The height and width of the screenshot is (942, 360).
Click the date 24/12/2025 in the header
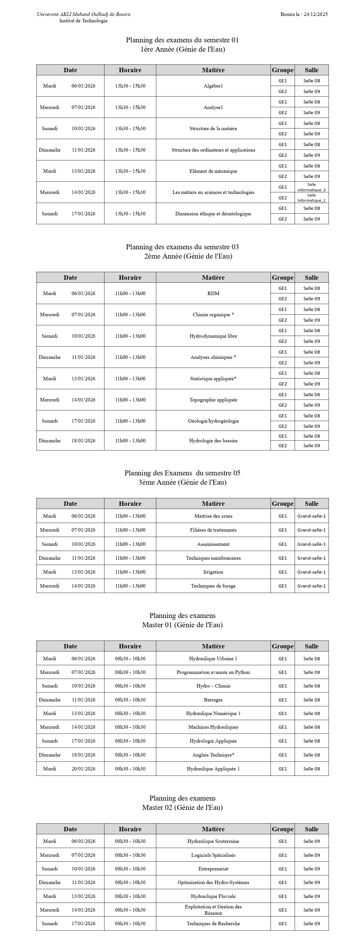(315, 14)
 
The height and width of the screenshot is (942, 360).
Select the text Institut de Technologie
(83, 21)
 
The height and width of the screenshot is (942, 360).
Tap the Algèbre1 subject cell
(213, 86)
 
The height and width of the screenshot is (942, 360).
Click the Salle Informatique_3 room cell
(311, 187)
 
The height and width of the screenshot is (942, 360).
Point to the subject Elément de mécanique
(213, 171)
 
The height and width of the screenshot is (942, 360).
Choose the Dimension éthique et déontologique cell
(213, 214)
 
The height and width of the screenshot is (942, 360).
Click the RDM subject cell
(213, 293)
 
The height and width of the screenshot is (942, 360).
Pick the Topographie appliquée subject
(213, 400)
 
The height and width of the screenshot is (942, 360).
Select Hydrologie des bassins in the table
(213, 441)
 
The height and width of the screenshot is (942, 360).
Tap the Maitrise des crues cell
(213, 516)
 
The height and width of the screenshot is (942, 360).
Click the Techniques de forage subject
(213, 586)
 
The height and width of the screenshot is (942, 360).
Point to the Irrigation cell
(213, 572)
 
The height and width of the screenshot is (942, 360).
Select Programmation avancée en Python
(213, 672)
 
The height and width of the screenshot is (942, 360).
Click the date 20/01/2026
(83, 769)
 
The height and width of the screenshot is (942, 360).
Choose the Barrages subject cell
(213, 700)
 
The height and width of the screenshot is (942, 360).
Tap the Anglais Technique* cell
(213, 755)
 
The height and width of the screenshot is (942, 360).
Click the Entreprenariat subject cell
(213, 868)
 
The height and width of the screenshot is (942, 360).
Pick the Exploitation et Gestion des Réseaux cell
(213, 910)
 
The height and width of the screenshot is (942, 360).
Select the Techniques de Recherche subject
(213, 923)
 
